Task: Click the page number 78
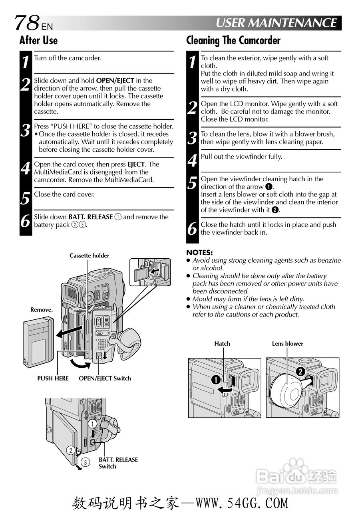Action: [27, 23]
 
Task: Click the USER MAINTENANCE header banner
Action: [276, 23]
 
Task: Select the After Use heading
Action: [38, 40]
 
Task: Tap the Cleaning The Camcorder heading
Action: [233, 40]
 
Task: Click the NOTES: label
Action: [199, 252]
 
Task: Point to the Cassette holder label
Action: [89, 255]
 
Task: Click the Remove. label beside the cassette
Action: [42, 310]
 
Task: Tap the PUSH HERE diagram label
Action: [53, 378]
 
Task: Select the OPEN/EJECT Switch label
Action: [105, 378]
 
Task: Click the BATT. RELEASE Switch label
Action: [118, 463]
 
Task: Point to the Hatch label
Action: [222, 344]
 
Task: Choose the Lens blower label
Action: [287, 344]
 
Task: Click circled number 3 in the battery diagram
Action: [85, 462]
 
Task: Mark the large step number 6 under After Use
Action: [26, 221]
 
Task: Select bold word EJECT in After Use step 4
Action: [136, 164]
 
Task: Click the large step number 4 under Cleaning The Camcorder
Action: [193, 160]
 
